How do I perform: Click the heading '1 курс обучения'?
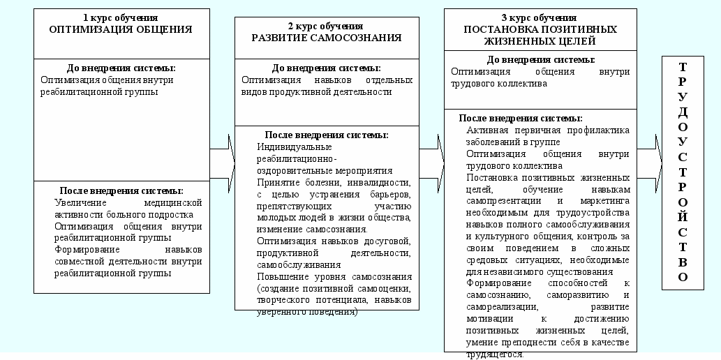coord(120,18)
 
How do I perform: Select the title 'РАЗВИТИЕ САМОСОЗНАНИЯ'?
coord(327,38)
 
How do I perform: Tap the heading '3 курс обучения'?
coord(539,17)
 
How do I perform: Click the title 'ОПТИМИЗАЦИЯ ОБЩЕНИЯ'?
coord(120,29)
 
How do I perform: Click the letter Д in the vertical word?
coord(683,112)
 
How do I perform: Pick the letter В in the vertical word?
coord(683,262)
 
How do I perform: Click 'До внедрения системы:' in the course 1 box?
coord(121,68)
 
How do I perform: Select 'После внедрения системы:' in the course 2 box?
coord(327,135)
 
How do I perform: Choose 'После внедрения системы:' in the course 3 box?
coord(521,118)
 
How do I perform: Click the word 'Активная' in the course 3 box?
coord(486,130)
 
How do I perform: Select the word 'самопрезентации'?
coord(502,201)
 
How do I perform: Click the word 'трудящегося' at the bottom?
coord(494,354)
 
